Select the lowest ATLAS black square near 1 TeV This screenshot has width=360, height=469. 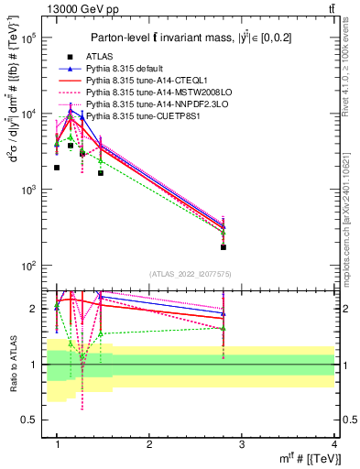(57, 168)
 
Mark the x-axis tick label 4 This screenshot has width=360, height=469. (333, 442)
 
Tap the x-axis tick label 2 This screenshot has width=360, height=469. (149, 442)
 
